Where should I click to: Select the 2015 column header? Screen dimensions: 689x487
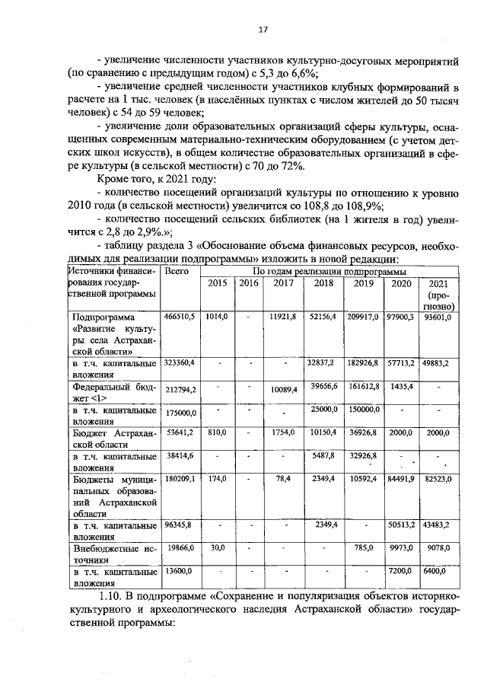217,284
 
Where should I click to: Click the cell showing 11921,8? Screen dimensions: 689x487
282,316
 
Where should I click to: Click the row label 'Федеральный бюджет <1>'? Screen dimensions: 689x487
114,391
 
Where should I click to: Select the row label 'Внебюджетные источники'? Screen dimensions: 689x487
114,553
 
